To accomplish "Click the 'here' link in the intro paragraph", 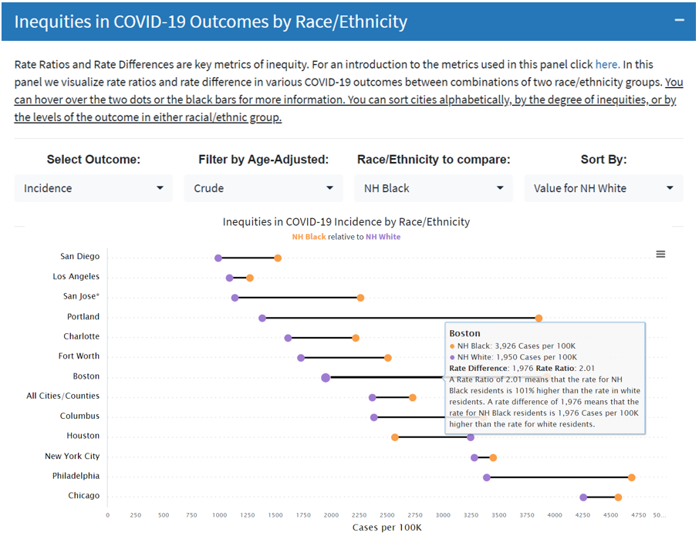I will (x=606, y=64).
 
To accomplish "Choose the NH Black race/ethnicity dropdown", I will (x=434, y=188).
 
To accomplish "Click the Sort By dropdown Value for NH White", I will (x=603, y=188).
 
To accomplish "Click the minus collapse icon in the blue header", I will (x=679, y=20).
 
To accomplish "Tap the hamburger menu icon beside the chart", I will (x=660, y=255).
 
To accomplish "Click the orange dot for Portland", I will (x=539, y=318).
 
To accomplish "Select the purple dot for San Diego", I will (x=218, y=258).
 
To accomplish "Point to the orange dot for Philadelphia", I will (x=631, y=477).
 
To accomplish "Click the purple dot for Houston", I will (x=471, y=437).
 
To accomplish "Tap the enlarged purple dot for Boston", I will (x=326, y=377).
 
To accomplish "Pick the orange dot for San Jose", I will (x=360, y=298).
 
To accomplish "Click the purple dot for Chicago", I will (x=583, y=497).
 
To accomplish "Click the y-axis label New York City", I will (x=72, y=457).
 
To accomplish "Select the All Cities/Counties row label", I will (x=62, y=396).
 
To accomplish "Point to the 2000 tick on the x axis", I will (x=331, y=514).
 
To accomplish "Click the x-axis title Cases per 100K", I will (x=387, y=528).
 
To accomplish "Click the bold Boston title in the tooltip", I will (x=464, y=333).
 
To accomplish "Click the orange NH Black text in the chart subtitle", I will (x=309, y=237).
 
